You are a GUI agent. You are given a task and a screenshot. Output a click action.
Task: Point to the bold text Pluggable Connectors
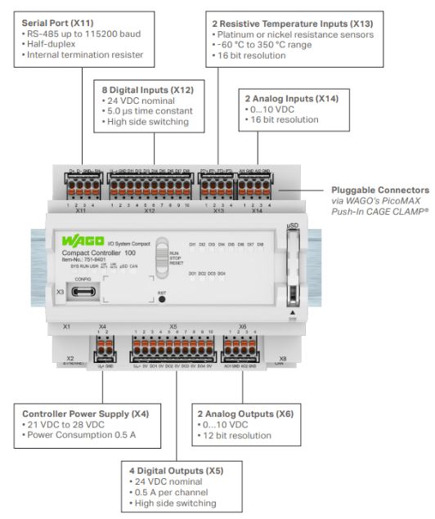pos(379,189)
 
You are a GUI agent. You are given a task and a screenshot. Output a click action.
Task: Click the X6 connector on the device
pos(242,349)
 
